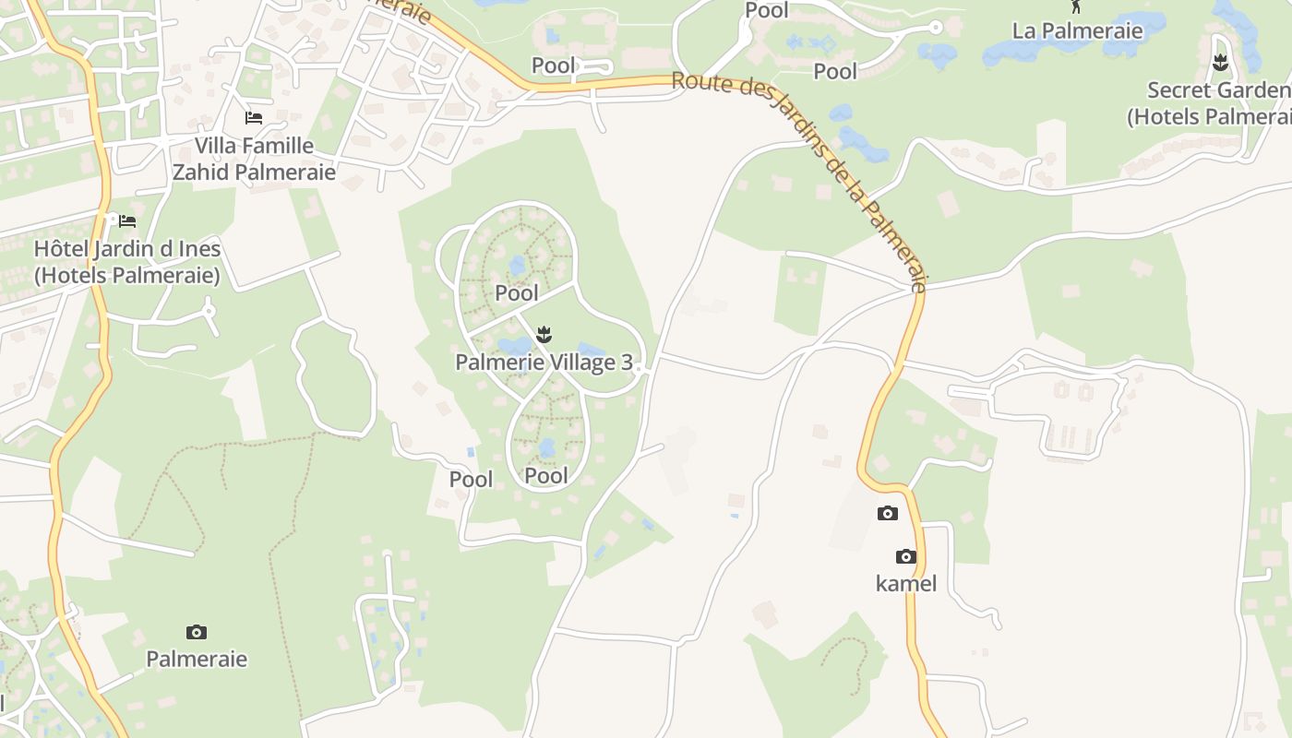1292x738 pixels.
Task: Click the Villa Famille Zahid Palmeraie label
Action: (254, 159)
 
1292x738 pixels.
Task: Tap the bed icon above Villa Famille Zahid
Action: (254, 118)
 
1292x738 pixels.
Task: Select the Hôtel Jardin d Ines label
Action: (127, 262)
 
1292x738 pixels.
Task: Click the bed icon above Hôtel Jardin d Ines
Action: (127, 221)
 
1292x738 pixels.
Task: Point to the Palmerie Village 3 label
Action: (544, 363)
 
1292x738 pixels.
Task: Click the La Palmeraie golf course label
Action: (1077, 30)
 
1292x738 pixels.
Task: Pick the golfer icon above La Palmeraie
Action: (1075, 6)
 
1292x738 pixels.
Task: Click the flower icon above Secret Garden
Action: (1220, 63)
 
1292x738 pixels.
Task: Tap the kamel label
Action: (906, 583)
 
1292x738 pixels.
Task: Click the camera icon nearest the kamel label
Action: (906, 556)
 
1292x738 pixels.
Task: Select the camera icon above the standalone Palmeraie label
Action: (197, 632)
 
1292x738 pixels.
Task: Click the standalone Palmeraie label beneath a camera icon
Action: (197, 659)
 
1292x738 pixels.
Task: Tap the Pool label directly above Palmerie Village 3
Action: (517, 293)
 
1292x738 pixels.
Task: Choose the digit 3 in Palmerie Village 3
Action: (627, 363)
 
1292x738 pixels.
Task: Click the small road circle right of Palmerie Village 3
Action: (639, 369)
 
